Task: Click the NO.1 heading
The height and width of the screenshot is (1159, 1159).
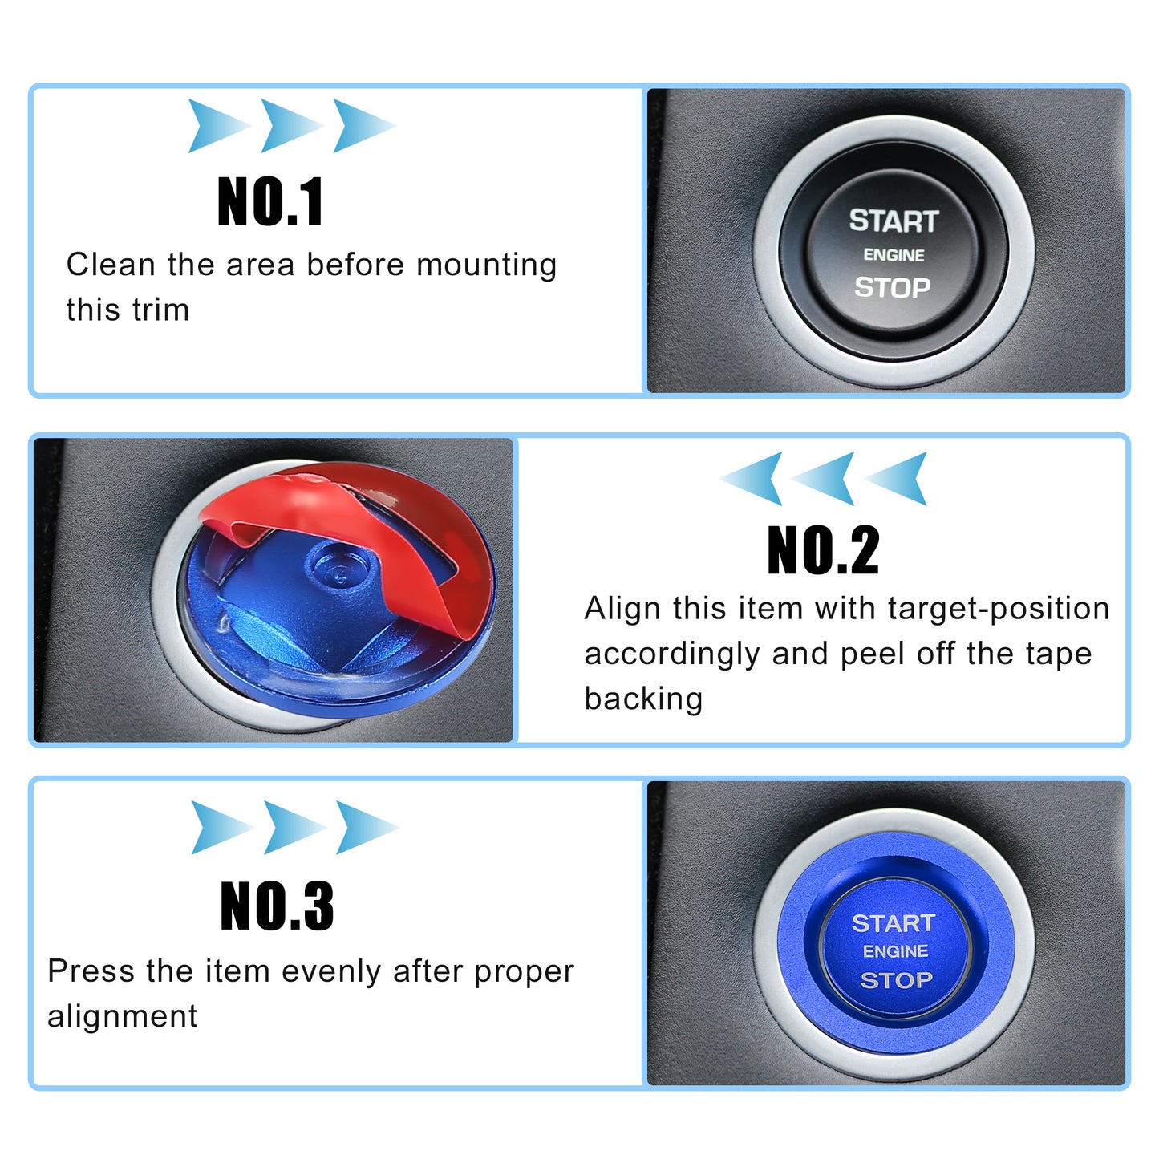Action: click(x=270, y=201)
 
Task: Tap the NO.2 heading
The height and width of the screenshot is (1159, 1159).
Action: click(x=823, y=549)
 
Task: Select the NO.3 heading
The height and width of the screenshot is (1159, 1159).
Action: click(x=277, y=906)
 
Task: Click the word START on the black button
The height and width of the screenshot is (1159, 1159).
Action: click(x=894, y=221)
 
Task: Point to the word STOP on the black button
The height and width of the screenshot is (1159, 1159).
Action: click(x=893, y=287)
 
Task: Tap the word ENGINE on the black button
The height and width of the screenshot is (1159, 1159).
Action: click(x=894, y=255)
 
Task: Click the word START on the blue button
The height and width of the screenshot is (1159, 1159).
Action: click(x=894, y=923)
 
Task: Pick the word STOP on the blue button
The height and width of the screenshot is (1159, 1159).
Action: click(x=896, y=980)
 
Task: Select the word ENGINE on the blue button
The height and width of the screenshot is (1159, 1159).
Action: click(x=896, y=951)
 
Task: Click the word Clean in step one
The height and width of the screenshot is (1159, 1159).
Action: click(x=111, y=265)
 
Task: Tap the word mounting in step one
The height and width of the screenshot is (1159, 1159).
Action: click(x=487, y=265)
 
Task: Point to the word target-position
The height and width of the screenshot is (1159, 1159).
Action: click(x=999, y=609)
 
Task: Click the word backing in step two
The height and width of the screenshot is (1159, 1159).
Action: click(x=643, y=699)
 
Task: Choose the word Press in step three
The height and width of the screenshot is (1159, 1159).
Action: click(x=91, y=971)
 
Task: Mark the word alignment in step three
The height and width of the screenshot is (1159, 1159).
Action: click(x=122, y=1017)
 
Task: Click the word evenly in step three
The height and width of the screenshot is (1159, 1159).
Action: click(x=331, y=973)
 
